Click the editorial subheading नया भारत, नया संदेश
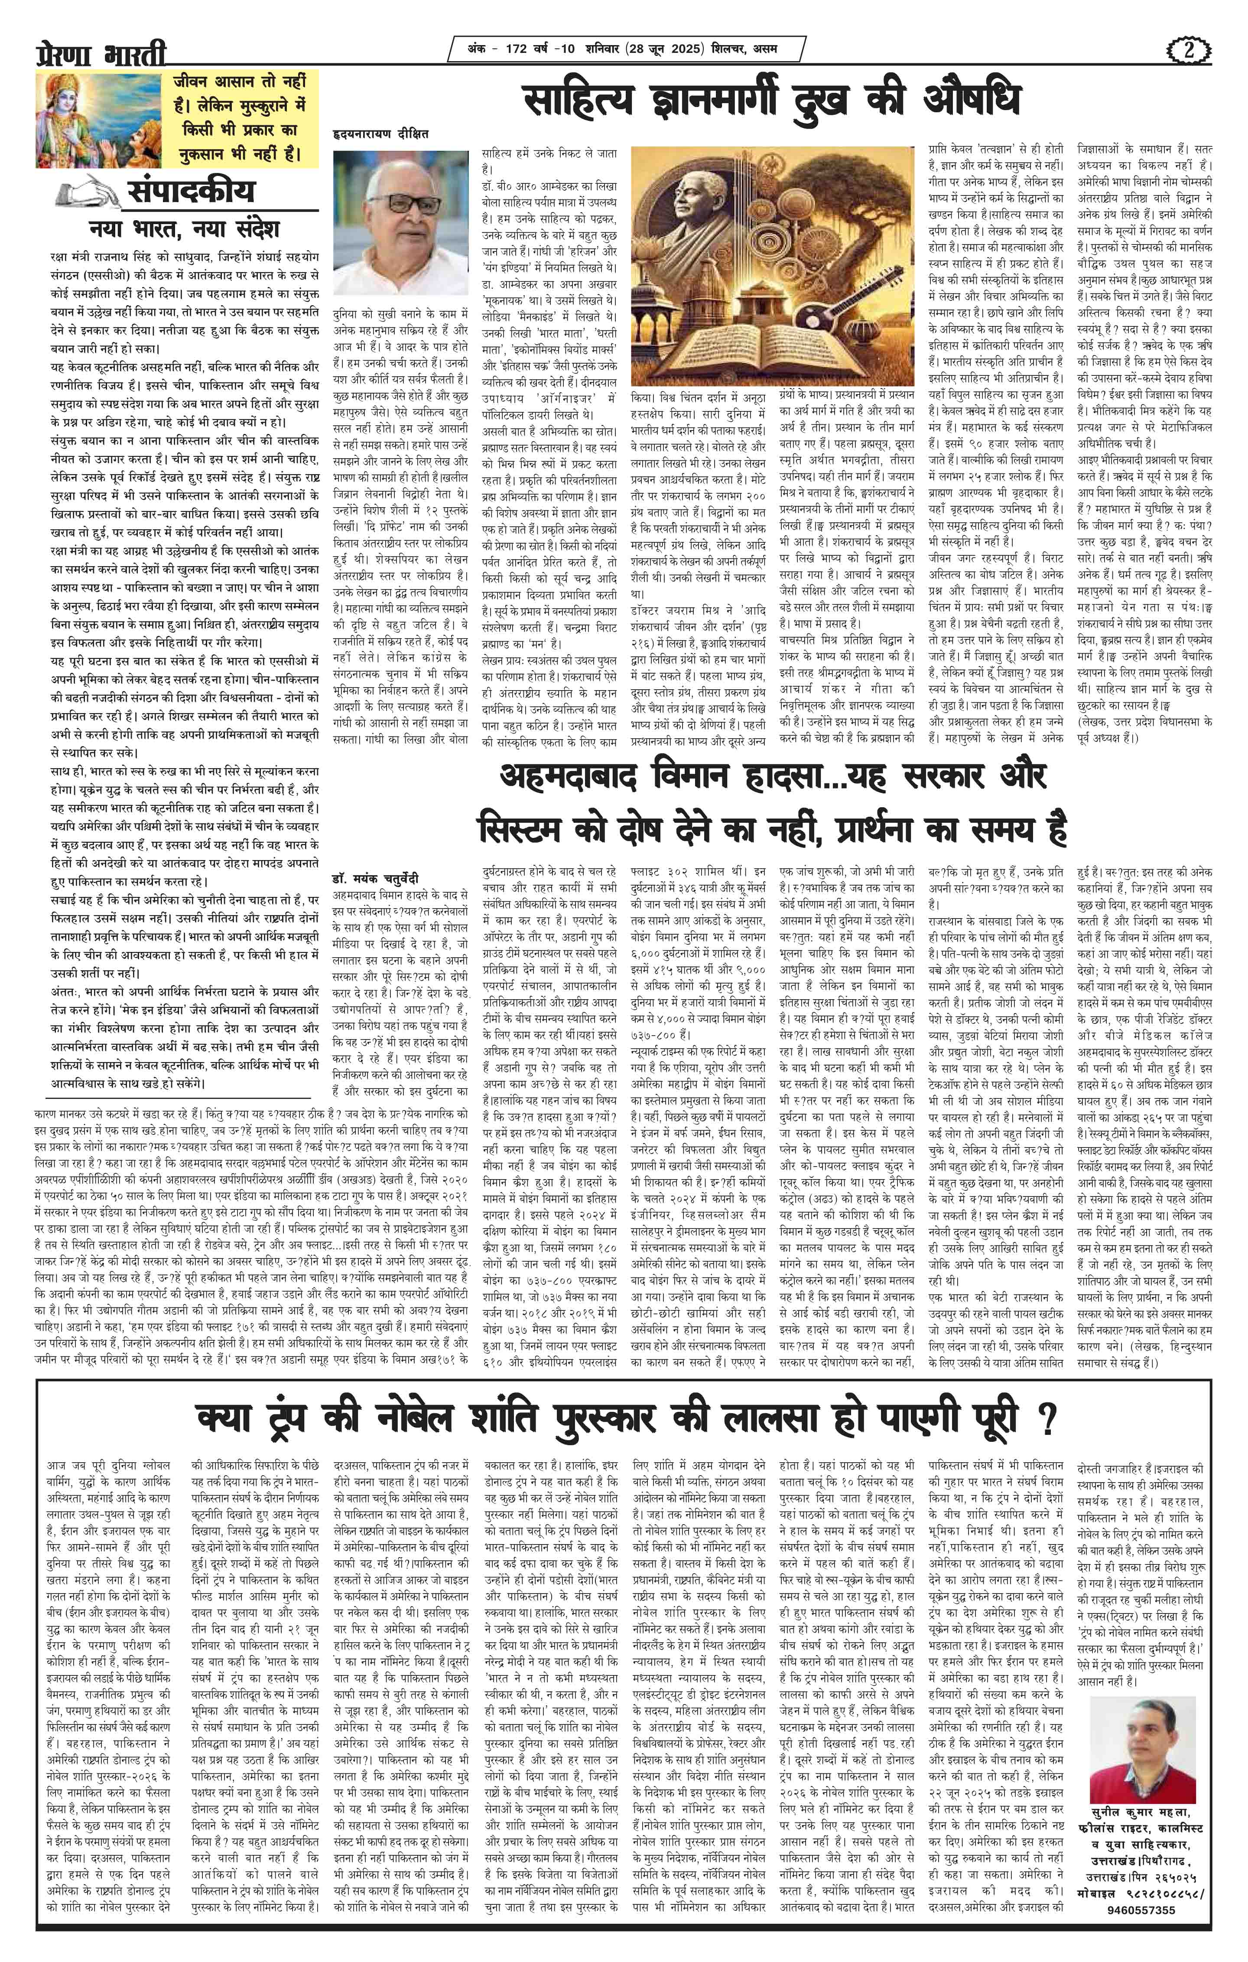click(183, 227)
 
